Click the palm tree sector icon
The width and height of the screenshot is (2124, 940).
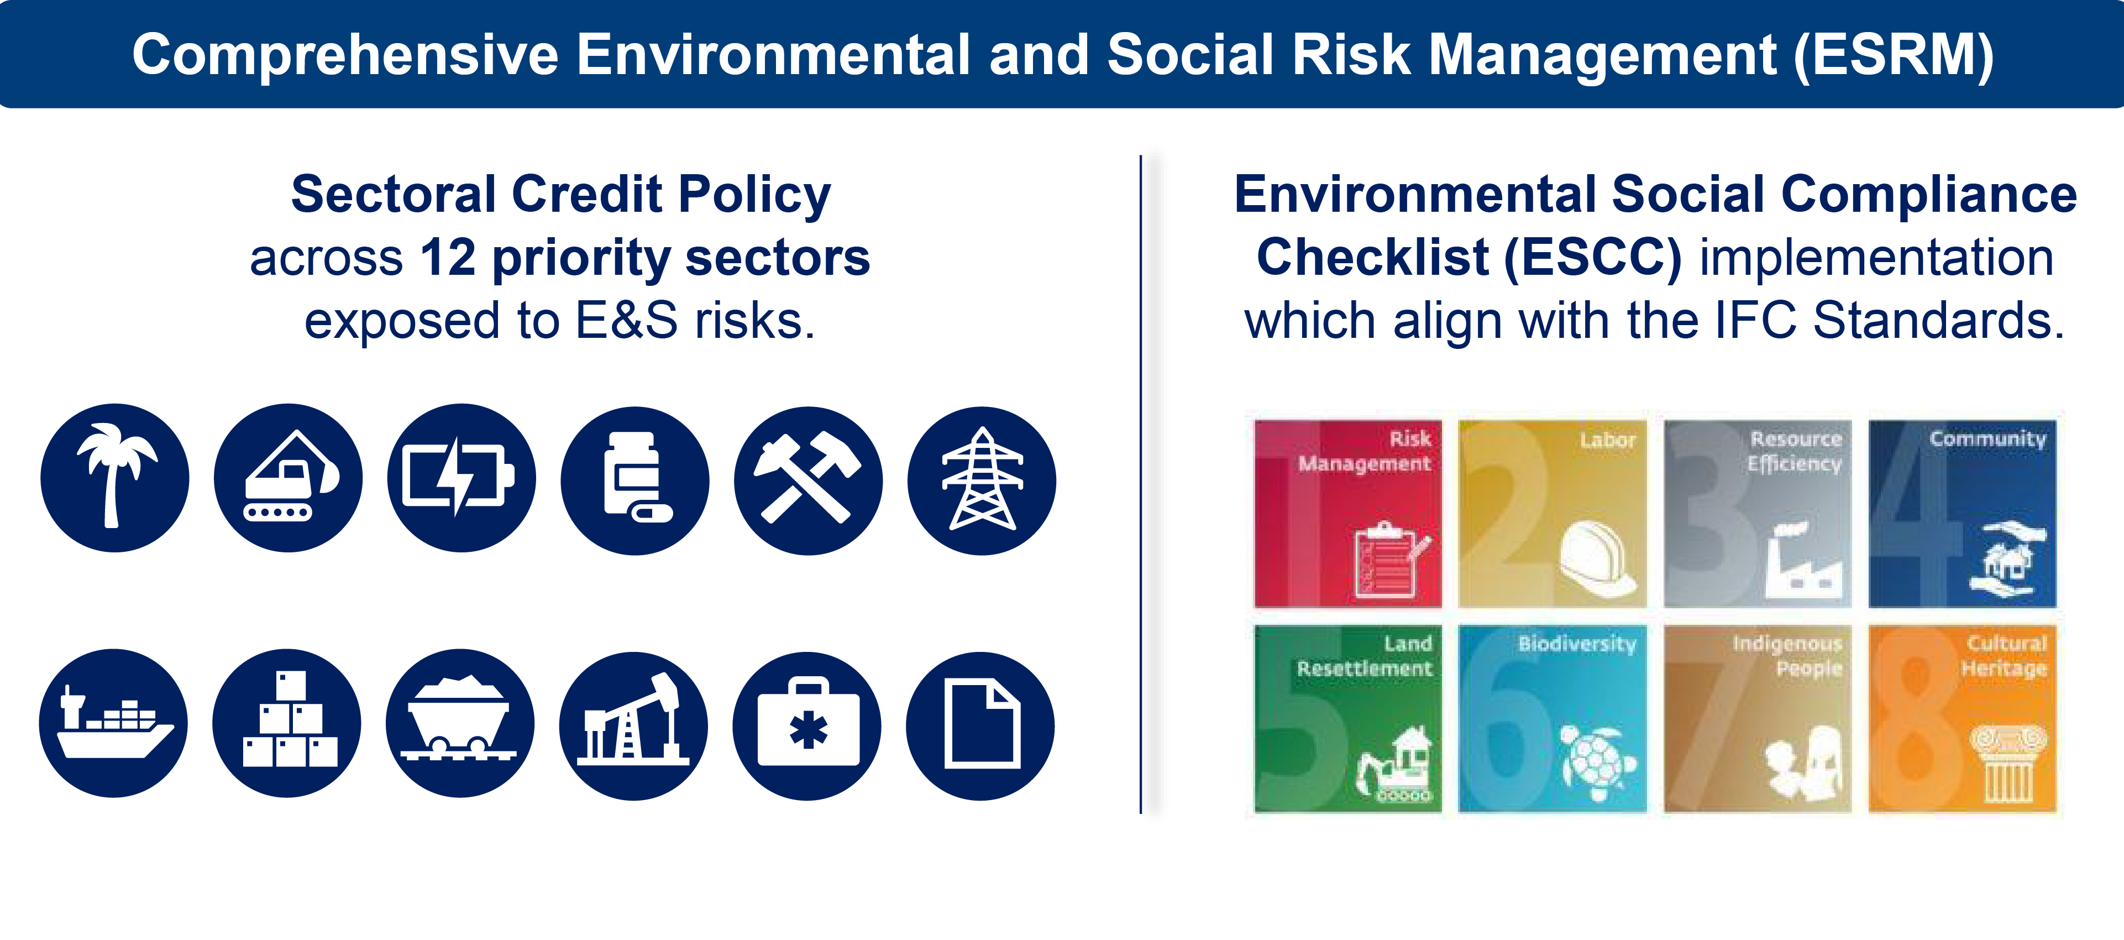[114, 477]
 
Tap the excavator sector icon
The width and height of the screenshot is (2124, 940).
[288, 477]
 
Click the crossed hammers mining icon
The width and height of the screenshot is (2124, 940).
[808, 480]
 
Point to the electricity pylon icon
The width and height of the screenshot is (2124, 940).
[981, 480]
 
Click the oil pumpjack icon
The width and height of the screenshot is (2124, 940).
[633, 725]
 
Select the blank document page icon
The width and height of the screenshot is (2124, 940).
[980, 725]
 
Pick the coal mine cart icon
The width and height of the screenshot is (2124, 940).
[460, 723]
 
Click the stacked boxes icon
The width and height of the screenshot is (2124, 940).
[287, 723]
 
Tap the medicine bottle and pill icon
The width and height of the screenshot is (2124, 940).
[635, 480]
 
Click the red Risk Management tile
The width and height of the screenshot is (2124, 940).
[1348, 514]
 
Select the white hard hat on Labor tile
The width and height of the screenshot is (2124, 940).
[1597, 558]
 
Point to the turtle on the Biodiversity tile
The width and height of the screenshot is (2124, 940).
[1597, 759]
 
